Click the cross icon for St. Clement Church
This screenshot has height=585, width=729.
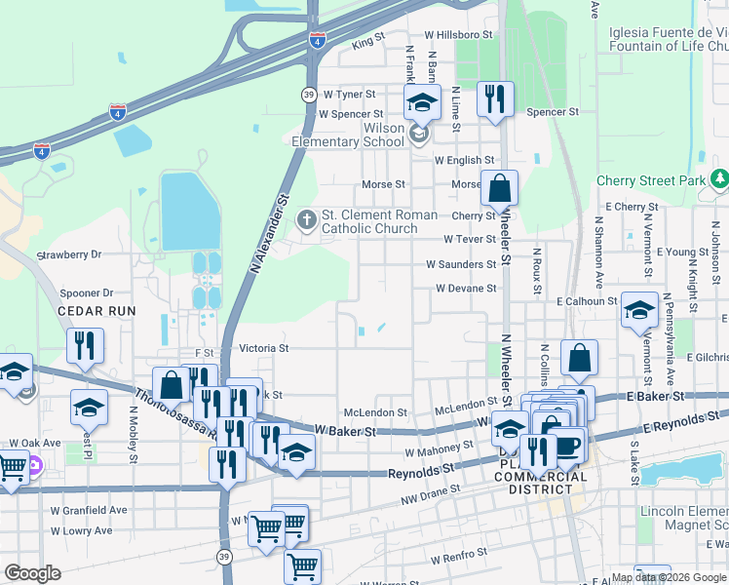click(x=307, y=216)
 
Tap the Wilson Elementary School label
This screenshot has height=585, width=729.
click(x=356, y=135)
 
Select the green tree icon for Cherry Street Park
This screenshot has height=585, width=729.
click(x=719, y=179)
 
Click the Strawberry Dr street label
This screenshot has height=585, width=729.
click(x=68, y=254)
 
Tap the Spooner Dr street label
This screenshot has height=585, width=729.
click(x=87, y=292)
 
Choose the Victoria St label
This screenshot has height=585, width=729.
click(x=264, y=347)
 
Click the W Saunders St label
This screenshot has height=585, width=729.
click(x=461, y=264)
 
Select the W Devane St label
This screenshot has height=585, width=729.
click(x=466, y=289)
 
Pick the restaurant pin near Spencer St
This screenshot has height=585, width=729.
click(x=495, y=98)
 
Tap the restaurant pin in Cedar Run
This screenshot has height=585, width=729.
click(x=86, y=345)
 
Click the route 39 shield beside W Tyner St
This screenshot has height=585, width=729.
click(x=308, y=94)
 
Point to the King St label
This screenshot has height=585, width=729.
click(x=369, y=43)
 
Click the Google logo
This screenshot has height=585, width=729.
click(x=32, y=573)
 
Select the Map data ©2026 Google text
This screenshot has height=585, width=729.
click(x=669, y=577)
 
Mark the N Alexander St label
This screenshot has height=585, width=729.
click(x=270, y=231)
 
